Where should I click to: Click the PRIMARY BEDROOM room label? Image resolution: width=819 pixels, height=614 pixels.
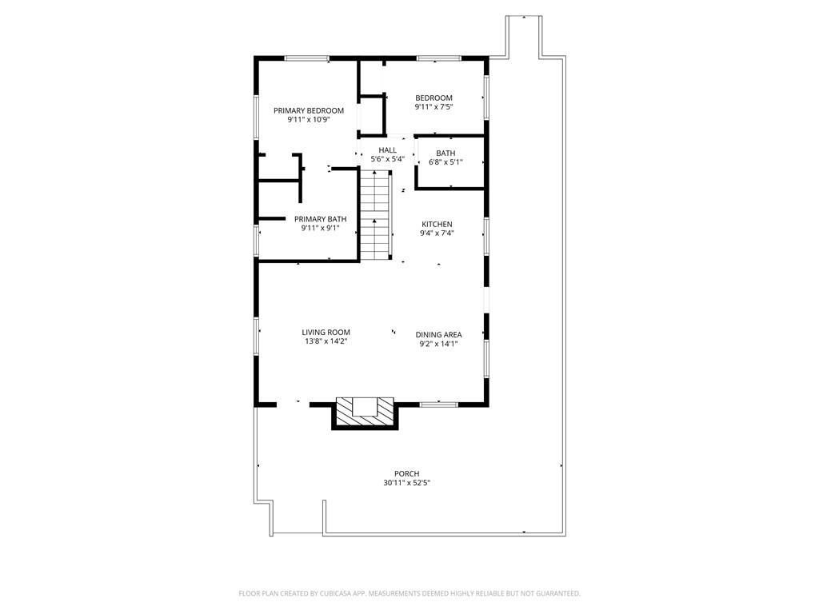coord(309,110)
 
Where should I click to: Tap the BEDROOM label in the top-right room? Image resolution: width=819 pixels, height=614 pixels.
coord(433,98)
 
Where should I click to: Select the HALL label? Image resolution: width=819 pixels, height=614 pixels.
coord(388,150)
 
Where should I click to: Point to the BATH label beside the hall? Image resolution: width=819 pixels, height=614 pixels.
coord(445,153)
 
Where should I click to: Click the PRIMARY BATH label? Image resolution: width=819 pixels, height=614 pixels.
coord(320,219)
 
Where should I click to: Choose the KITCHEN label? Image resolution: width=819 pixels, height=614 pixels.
coord(437,224)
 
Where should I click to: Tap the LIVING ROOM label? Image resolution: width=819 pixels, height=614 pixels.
coord(326,332)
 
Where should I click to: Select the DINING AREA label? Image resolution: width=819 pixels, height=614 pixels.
coord(438,335)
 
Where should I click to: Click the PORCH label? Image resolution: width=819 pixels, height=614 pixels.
coord(406,473)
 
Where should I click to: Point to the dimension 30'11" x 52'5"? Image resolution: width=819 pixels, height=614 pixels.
coord(406,483)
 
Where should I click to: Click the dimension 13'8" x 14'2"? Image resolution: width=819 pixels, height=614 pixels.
coord(326,341)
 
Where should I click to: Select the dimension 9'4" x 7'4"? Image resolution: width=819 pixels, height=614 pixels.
coord(437,233)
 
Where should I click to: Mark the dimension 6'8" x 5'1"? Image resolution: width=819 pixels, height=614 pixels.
coord(445,162)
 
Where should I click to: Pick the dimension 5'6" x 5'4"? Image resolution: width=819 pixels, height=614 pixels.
coord(388,159)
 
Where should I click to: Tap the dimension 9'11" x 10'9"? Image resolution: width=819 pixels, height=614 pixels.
coord(309,120)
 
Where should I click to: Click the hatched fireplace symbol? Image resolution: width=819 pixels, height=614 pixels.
coord(365,412)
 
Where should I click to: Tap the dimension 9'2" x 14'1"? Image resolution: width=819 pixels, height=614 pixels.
coord(438,345)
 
